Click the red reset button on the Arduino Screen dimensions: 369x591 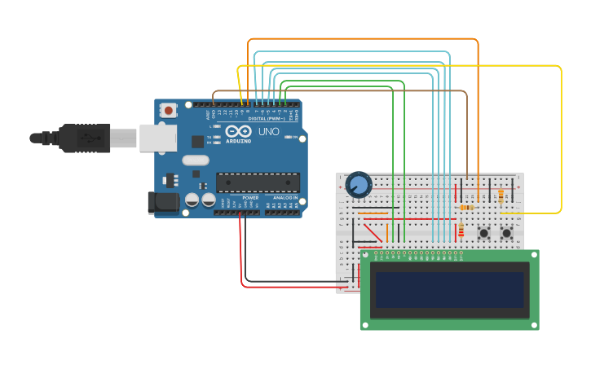click(x=168, y=110)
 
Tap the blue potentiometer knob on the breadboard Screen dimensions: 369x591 click(x=358, y=185)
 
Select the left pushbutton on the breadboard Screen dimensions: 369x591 click(x=483, y=233)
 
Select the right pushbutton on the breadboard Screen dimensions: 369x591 click(x=506, y=233)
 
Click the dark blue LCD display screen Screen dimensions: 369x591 click(x=449, y=289)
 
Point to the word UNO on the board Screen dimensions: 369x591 click(x=269, y=131)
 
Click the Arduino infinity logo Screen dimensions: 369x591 click(x=239, y=131)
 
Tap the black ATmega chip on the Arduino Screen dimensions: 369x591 click(x=258, y=183)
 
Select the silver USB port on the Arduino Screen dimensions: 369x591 click(x=157, y=138)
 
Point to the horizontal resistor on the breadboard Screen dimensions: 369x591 click(x=466, y=208)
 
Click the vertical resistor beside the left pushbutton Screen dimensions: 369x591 click(x=461, y=231)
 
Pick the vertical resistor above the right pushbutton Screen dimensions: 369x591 click(x=501, y=195)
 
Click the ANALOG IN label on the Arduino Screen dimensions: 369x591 click(x=284, y=198)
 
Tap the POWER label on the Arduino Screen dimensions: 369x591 click(x=250, y=198)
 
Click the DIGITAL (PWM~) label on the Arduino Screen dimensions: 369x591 click(x=266, y=119)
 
